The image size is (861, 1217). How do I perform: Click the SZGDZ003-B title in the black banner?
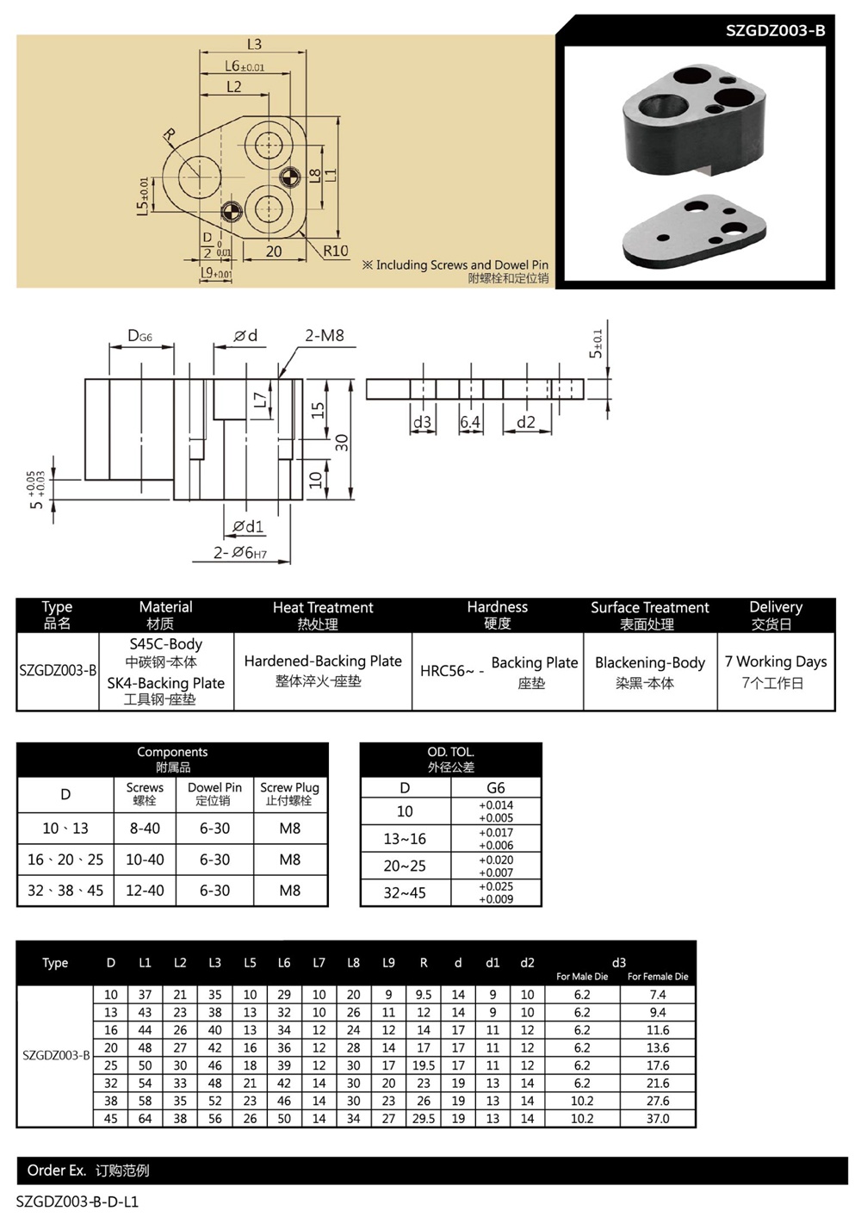[775, 30]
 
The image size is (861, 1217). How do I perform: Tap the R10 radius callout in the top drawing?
[335, 251]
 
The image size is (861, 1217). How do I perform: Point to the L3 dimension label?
[254, 44]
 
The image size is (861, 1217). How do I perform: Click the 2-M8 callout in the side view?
[325, 335]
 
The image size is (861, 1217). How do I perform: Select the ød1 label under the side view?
[248, 526]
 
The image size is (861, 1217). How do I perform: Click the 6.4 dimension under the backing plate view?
[470, 422]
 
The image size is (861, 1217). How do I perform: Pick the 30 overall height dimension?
[342, 443]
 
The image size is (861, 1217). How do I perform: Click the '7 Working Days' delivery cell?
[775, 661]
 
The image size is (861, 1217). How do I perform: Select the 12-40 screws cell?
[145, 890]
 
